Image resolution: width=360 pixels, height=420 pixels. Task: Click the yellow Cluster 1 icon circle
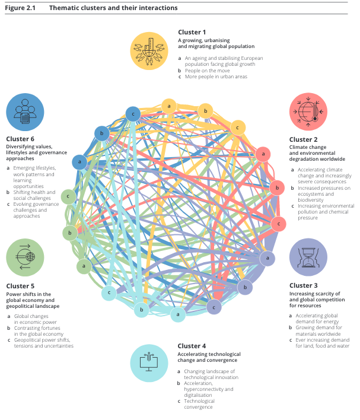(x=151, y=50)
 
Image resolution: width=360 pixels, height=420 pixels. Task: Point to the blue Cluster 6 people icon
(x=25, y=112)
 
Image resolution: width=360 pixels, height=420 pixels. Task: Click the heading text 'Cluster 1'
(x=192, y=32)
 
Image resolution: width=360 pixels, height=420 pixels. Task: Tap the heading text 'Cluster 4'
(x=192, y=346)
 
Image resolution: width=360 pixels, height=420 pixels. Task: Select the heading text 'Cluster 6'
(x=21, y=139)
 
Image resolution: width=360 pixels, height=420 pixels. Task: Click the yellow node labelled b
(x=205, y=111)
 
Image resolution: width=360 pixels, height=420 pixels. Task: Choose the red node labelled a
(x=263, y=154)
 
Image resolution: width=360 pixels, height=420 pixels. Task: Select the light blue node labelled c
(x=109, y=292)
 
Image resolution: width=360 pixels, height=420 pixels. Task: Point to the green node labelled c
(x=69, y=196)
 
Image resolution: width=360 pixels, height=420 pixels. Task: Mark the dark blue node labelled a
(x=79, y=161)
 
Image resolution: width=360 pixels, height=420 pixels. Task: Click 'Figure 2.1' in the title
(x=19, y=8)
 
